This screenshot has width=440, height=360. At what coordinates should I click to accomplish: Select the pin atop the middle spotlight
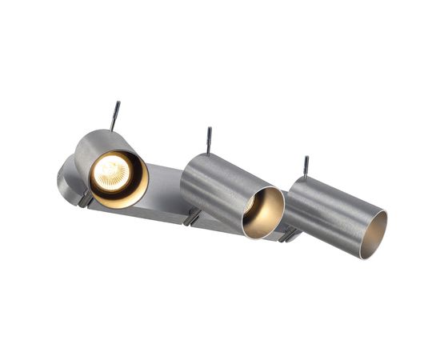pyautogui.click(x=209, y=139)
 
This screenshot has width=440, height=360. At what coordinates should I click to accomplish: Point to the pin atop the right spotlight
pyautogui.click(x=306, y=166)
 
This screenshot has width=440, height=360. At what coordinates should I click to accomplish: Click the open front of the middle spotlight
pyautogui.click(x=264, y=213)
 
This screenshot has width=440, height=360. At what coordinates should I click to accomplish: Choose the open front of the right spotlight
pyautogui.click(x=372, y=234)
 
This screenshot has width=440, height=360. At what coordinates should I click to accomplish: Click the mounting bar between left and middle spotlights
pyautogui.click(x=164, y=192)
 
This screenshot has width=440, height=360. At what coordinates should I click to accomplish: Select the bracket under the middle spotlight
pyautogui.click(x=192, y=217)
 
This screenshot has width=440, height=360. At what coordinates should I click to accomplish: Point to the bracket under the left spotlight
pyautogui.click(x=85, y=199)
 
